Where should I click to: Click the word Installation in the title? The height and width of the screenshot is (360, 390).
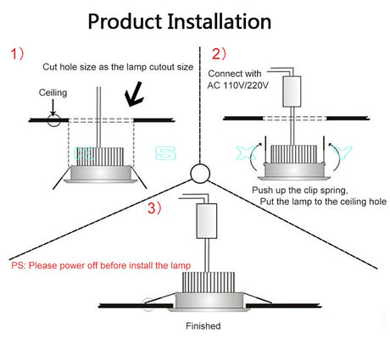click(x=220, y=21)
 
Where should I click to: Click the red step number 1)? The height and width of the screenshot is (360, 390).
click(x=18, y=53)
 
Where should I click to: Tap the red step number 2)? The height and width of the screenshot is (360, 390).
click(x=219, y=53)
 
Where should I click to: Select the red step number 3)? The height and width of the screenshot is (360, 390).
click(x=154, y=208)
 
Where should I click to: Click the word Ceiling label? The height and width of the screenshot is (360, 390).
click(x=53, y=93)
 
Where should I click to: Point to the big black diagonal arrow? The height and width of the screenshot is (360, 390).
click(x=134, y=94)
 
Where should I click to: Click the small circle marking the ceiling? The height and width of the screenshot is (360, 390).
click(x=53, y=120)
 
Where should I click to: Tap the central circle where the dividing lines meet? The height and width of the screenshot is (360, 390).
click(x=200, y=174)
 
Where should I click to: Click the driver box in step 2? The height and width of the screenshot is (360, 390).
click(x=292, y=91)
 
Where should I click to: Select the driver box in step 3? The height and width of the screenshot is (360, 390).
click(x=207, y=221)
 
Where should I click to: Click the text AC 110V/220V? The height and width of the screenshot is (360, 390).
click(x=237, y=86)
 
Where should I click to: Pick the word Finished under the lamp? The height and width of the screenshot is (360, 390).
click(x=203, y=326)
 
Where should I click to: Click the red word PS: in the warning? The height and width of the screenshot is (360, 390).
click(x=19, y=265)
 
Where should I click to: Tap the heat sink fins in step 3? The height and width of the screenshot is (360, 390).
click(x=209, y=282)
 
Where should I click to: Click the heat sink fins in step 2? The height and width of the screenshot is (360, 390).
click(x=293, y=154)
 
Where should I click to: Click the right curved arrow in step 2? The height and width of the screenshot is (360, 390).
click(x=336, y=157)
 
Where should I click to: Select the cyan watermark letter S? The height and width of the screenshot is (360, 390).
click(x=165, y=153)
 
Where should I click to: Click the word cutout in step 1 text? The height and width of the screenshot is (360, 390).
click(x=162, y=67)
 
